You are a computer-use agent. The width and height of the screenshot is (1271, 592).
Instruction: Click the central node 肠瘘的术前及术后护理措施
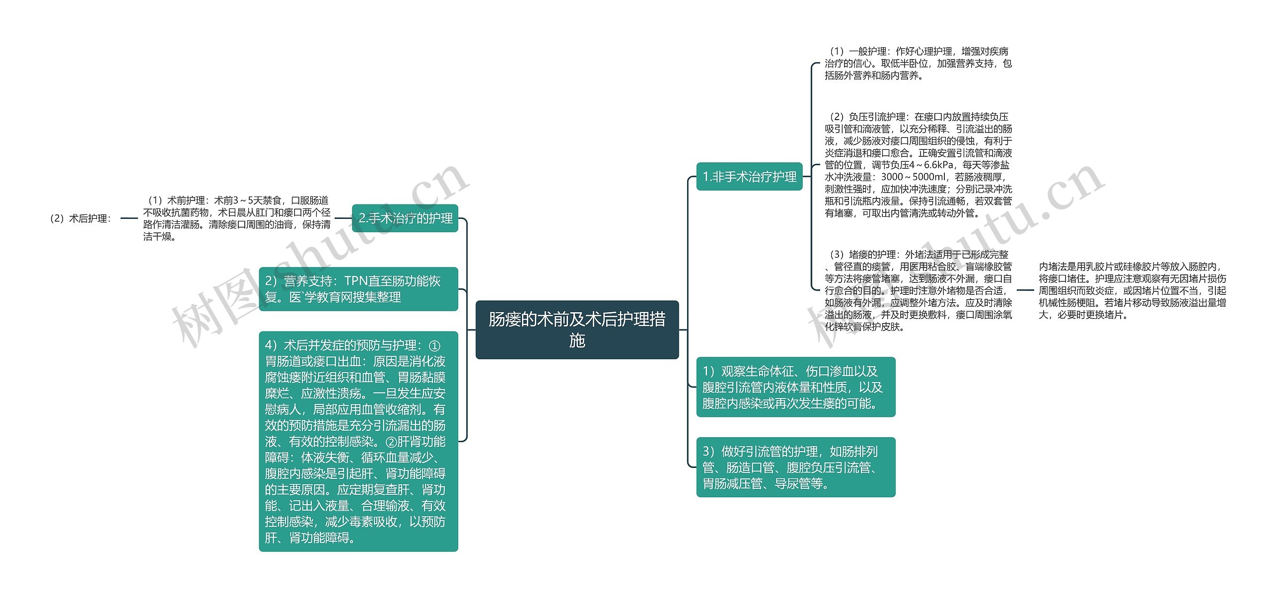(577, 329)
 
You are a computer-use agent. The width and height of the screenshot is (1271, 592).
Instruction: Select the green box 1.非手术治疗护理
(749, 177)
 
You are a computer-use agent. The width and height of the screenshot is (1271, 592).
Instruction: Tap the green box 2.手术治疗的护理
(405, 218)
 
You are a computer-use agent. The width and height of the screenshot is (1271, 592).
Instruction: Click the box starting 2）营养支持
(358, 289)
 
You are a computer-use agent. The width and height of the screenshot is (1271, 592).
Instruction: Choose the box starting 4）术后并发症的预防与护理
(358, 441)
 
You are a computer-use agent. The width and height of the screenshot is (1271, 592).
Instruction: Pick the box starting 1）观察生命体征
(795, 387)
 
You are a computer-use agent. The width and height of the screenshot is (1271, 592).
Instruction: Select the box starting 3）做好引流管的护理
(795, 467)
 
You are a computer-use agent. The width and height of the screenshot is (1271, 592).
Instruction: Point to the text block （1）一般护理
(918, 64)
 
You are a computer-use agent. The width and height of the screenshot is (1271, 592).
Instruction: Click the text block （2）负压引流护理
(918, 165)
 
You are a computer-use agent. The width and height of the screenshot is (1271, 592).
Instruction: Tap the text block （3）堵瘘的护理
(918, 290)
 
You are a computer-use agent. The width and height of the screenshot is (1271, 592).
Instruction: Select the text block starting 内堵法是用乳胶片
(1132, 290)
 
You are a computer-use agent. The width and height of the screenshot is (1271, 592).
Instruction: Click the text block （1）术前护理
(237, 218)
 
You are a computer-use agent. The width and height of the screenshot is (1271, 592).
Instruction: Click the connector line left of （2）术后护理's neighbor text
(129, 218)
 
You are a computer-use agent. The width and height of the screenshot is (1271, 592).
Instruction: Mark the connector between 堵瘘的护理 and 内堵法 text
(1025, 290)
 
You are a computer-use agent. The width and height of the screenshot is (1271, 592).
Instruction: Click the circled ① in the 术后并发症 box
(433, 346)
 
